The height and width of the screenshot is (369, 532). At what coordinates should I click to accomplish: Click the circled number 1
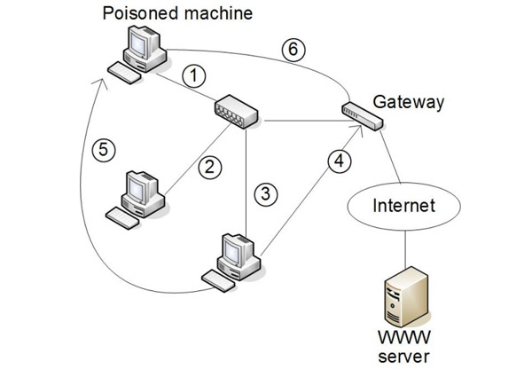click(x=194, y=77)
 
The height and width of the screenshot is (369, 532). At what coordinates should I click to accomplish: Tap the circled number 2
click(x=209, y=164)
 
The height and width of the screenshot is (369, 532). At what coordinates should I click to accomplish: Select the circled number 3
click(x=262, y=192)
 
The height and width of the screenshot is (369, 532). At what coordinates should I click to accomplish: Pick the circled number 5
click(x=105, y=149)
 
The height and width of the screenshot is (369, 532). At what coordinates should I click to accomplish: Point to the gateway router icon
click(x=362, y=114)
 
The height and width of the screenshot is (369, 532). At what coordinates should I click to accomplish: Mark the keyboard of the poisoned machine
click(x=122, y=73)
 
